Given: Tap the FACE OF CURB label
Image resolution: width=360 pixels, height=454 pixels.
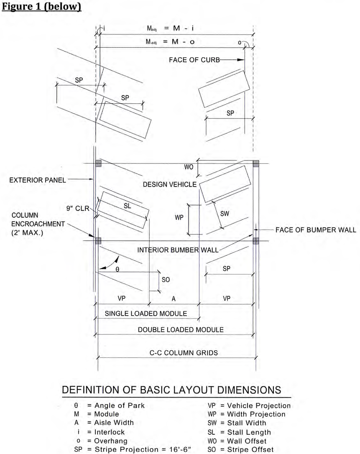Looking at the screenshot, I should click(x=194, y=60).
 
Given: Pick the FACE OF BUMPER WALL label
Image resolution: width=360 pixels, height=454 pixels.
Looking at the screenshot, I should click(x=316, y=230).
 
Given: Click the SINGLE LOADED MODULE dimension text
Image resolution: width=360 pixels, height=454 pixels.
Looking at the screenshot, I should click(x=146, y=314).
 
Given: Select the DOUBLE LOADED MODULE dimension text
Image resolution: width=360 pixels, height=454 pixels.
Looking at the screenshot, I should click(x=181, y=329).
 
